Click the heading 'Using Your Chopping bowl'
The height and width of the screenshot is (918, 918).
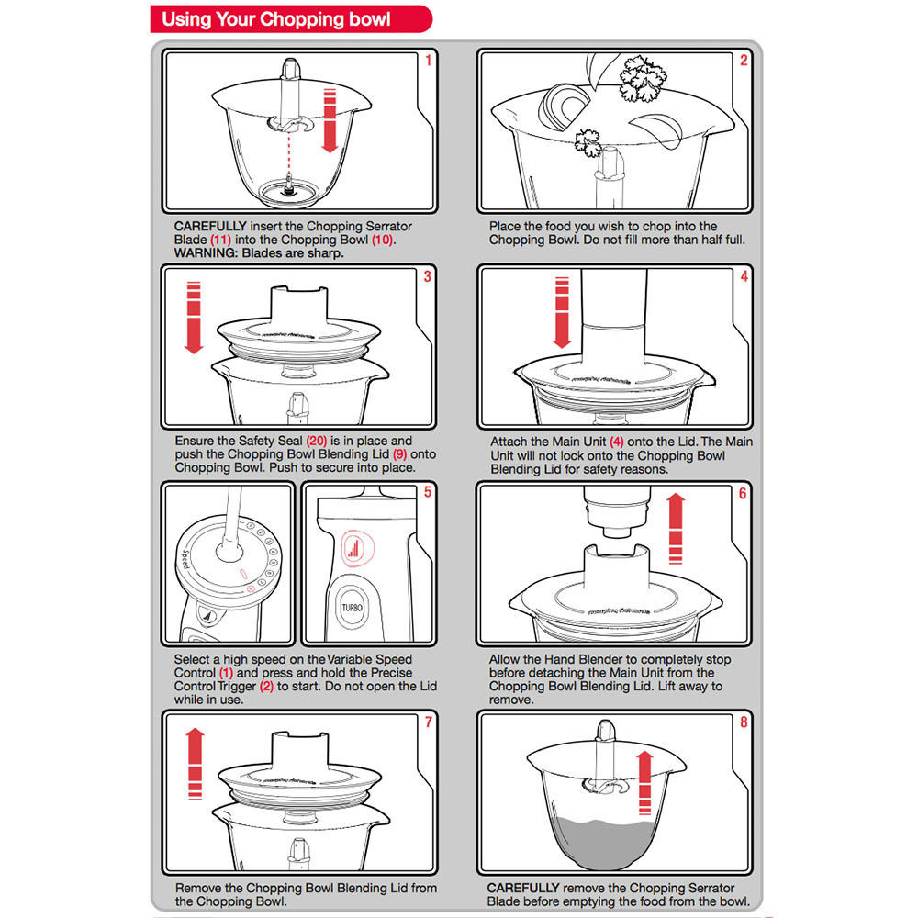pos(275,19)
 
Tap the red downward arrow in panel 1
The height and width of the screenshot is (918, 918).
pos(330,120)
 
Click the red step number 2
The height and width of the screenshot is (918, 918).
pos(744,60)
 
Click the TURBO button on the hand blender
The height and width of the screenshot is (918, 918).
pos(352,608)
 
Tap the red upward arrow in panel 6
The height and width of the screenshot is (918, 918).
pos(676,528)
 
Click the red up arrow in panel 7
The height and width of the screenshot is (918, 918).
pos(195,764)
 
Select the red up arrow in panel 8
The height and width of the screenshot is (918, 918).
pos(644,783)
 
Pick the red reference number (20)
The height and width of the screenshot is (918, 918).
pos(316,441)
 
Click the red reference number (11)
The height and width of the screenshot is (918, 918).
pos(220,240)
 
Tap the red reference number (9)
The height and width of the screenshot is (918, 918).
pos(400,454)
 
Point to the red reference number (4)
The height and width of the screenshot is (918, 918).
pos(617,442)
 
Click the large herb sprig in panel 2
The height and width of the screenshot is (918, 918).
pos(643,78)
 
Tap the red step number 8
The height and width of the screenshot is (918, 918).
pos(744,722)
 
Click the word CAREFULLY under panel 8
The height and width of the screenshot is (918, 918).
pos(523,888)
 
